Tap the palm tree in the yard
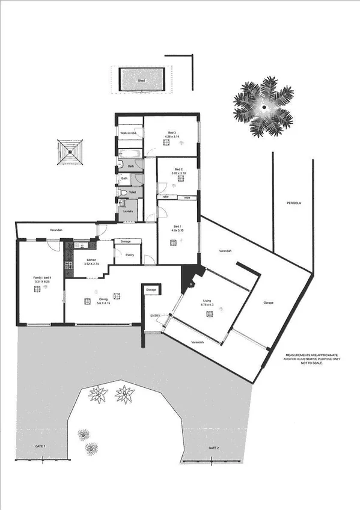[263, 106]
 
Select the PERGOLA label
[293, 204]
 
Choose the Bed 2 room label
[178, 170]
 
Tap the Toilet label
[132, 192]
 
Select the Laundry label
[127, 211]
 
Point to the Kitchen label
[81, 260]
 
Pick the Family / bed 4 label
[42, 277]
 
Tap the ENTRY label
[155, 316]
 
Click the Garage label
[268, 303]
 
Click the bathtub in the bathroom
[130, 153]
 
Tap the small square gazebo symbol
[70, 152]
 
